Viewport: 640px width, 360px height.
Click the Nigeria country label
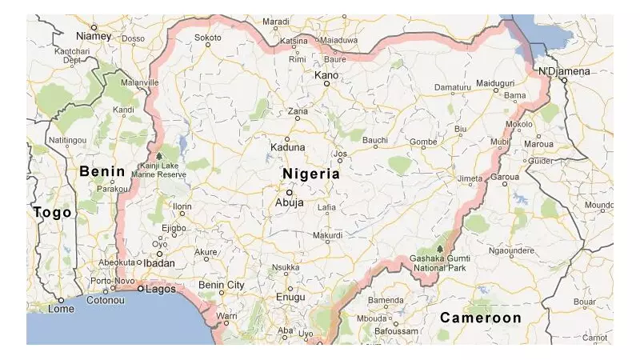click(311, 174)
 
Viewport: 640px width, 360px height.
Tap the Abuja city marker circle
click(290, 192)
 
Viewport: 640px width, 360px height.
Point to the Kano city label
click(326, 75)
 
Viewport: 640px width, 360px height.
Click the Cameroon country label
click(480, 318)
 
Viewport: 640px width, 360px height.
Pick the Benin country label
click(102, 171)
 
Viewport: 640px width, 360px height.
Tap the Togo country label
click(52, 213)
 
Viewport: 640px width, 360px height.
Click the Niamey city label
click(93, 36)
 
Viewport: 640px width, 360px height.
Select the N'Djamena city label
click(563, 71)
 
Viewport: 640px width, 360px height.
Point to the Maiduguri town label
click(495, 83)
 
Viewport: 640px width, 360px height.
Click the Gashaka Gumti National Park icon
click(438, 249)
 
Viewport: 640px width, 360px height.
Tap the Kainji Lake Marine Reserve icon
click(158, 156)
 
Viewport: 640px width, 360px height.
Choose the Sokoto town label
click(208, 37)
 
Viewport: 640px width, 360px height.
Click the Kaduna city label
click(288, 147)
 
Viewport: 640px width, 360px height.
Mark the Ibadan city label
click(159, 262)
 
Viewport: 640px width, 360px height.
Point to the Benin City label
click(222, 285)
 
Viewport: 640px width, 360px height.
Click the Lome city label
click(61, 309)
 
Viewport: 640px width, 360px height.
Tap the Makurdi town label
click(327, 235)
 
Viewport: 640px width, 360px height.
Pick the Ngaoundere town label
click(510, 250)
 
